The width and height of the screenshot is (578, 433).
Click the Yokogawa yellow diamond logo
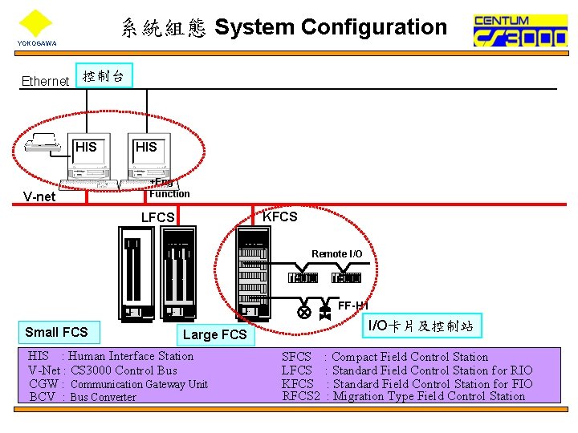pos(35,23)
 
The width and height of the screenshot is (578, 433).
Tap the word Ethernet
pos(45,81)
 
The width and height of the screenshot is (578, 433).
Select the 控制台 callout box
pos(104,75)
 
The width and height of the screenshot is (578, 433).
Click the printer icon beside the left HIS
pos(43,143)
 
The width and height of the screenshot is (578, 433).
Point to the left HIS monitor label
pos(86,147)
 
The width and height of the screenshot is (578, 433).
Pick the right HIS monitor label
pos(146,147)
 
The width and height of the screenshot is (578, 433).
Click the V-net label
pos(39,196)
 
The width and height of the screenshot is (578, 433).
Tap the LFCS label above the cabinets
pos(157,218)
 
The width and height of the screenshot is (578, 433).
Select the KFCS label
pos(280,216)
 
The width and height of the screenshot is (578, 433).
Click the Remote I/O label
pos(336,254)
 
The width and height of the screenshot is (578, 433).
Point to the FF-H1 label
pos(352,306)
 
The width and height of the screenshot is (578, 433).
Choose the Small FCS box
pos(56,332)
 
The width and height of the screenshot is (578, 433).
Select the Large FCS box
pos(215,334)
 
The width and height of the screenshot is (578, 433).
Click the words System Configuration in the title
pos(331,27)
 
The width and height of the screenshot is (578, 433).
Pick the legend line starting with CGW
pos(118,384)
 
